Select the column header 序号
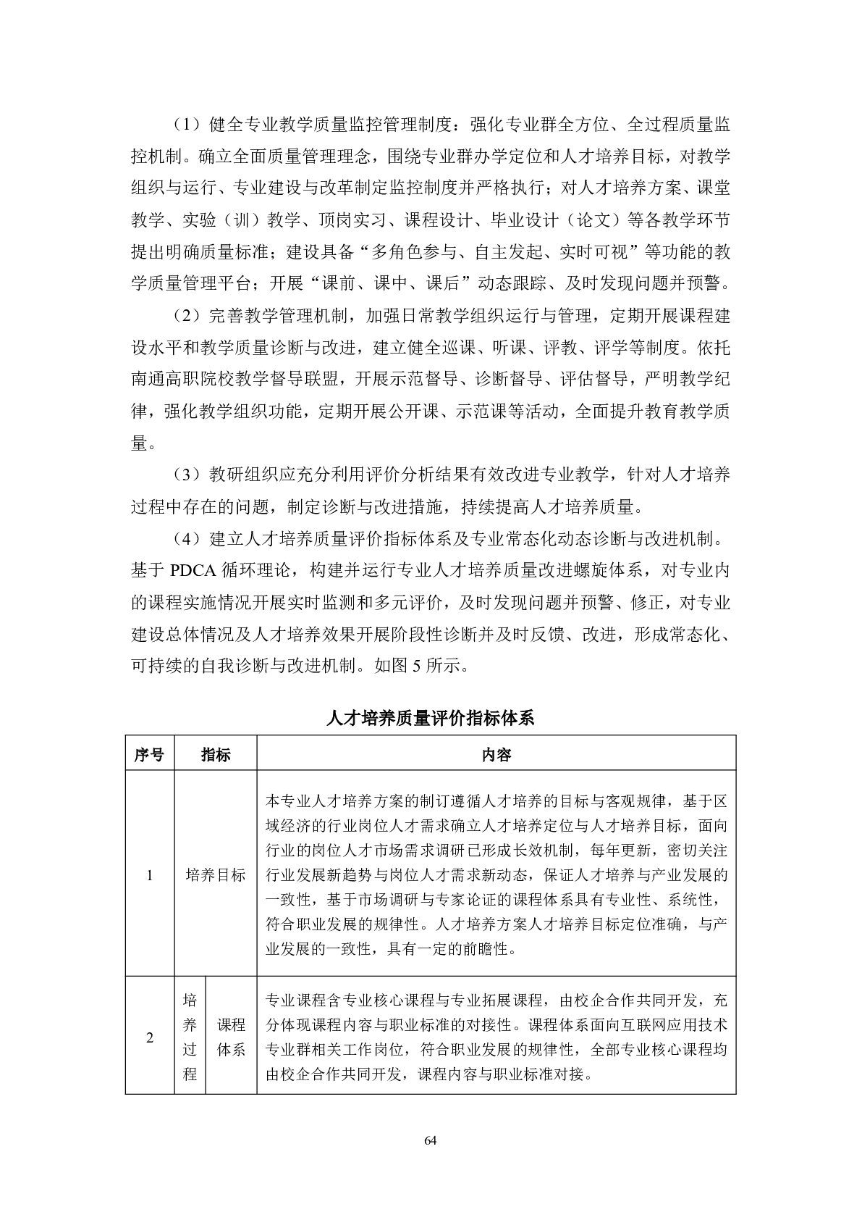149,754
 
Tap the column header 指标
216,754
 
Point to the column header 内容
497,754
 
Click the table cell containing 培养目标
216,874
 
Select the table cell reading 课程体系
232,1037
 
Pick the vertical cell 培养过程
190,1037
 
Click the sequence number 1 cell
150,874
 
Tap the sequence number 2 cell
150,1037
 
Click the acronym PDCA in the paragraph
193,569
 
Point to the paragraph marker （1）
186,125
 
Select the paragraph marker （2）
186,316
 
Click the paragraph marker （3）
186,475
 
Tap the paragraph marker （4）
186,538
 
